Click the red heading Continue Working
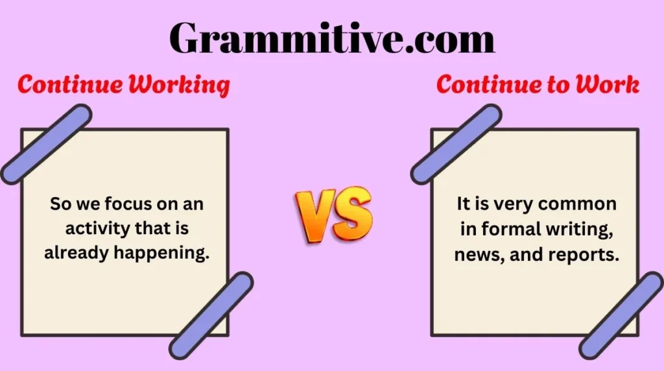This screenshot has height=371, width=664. click(x=124, y=86)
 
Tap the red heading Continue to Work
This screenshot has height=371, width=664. click(x=538, y=86)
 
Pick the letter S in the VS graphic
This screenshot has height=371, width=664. click(x=353, y=214)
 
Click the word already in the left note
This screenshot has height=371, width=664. click(x=77, y=253)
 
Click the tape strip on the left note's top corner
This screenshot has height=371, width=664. click(x=45, y=144)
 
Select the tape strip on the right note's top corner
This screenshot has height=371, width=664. click(x=456, y=144)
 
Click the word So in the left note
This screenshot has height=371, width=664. click(x=60, y=205)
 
